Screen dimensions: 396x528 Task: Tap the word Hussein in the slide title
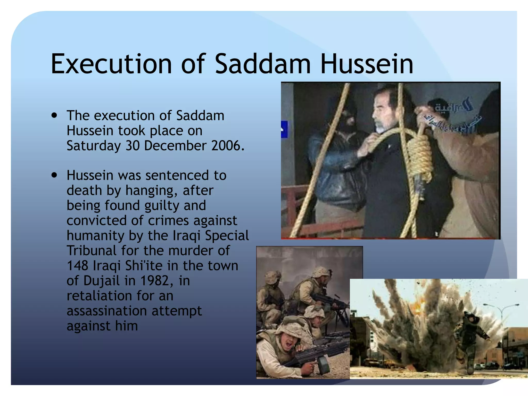[x=366, y=64]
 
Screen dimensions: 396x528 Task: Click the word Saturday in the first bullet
[x=94, y=146]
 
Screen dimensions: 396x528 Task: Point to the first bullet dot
[x=54, y=115]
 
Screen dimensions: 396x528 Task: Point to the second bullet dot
[x=54, y=175]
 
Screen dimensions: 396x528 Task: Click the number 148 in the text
[x=77, y=266]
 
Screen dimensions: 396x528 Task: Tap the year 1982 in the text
[x=155, y=280]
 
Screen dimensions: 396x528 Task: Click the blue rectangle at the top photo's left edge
[x=284, y=129]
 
